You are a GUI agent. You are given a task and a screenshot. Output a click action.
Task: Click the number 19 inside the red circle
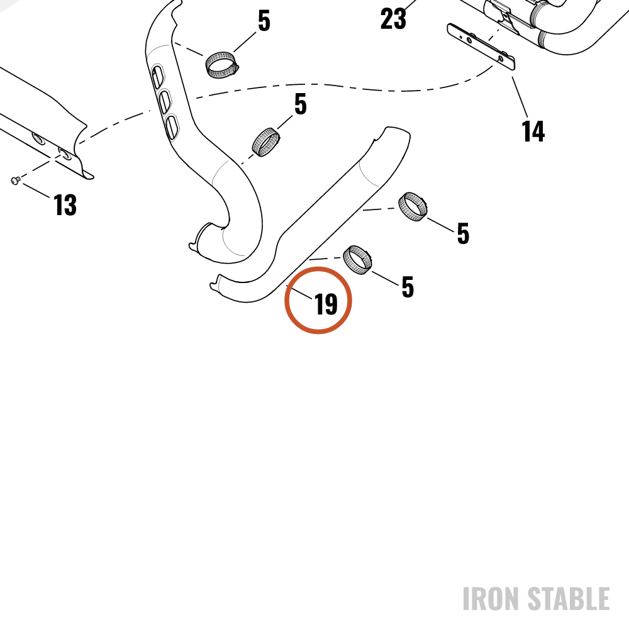(326, 304)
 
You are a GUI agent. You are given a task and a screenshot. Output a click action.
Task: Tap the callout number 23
(393, 18)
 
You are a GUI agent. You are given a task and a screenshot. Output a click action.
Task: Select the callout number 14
(533, 131)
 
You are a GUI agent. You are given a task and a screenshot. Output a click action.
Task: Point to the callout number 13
(65, 204)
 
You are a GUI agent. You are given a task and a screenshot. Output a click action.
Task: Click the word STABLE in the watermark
(569, 599)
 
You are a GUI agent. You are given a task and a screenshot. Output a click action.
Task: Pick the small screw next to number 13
(15, 181)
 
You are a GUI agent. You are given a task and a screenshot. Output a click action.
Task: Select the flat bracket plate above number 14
(481, 47)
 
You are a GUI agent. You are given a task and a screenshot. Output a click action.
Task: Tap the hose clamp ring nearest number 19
(357, 260)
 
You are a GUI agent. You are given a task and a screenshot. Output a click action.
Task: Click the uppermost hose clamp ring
(221, 65)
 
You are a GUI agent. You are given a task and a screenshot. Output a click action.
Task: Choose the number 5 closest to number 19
(408, 287)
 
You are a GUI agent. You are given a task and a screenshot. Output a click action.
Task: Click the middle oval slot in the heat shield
(164, 101)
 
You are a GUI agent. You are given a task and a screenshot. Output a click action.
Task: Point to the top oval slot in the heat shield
(157, 76)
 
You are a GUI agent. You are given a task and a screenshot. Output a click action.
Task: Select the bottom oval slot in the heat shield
(172, 127)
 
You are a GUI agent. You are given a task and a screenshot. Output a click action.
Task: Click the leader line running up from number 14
(520, 97)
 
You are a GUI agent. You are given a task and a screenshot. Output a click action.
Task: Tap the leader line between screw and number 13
(37, 191)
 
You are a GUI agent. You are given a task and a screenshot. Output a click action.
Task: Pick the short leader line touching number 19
(299, 292)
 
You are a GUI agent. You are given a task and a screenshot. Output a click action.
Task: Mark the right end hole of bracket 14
(501, 58)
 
